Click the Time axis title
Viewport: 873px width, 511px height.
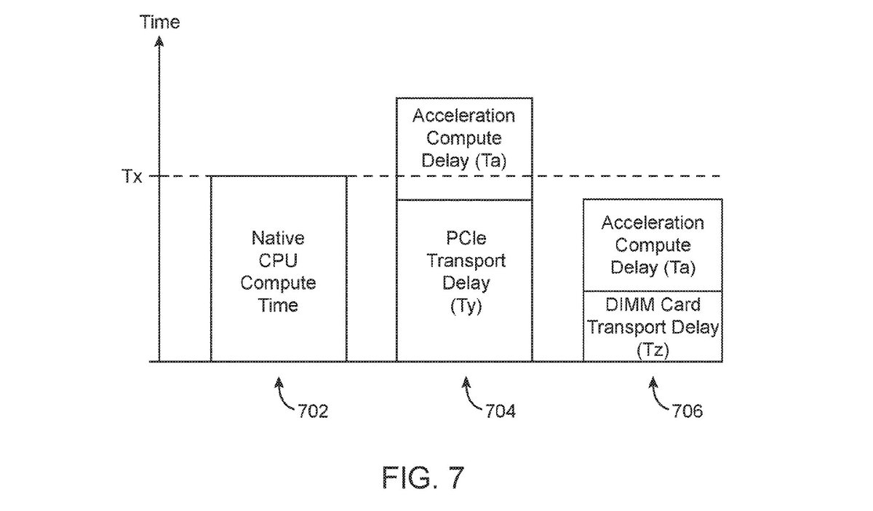(159, 23)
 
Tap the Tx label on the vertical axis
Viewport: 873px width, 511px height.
(132, 177)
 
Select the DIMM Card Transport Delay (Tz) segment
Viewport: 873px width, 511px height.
(653, 327)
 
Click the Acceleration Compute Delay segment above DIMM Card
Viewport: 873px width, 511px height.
(653, 245)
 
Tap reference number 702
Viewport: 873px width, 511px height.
(313, 411)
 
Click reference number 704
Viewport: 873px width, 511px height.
(500, 411)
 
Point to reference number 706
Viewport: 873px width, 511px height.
(687, 411)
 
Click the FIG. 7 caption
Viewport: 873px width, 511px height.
(423, 478)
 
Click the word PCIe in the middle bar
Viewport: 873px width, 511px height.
(464, 239)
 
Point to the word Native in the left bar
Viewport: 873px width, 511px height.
(279, 239)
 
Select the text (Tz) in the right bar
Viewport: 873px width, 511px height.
(653, 350)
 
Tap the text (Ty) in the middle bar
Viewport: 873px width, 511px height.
(464, 306)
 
